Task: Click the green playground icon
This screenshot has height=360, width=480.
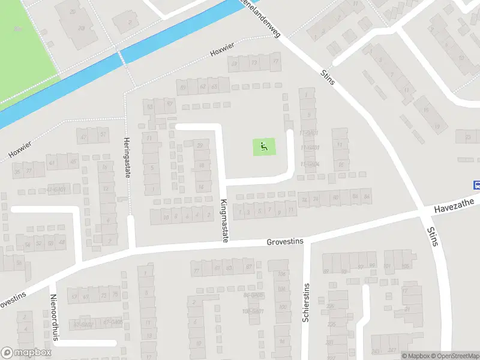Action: [x=263, y=146]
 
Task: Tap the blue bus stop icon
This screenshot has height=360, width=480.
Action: [x=477, y=185]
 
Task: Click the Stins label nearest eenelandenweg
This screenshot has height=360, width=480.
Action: [x=328, y=76]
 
